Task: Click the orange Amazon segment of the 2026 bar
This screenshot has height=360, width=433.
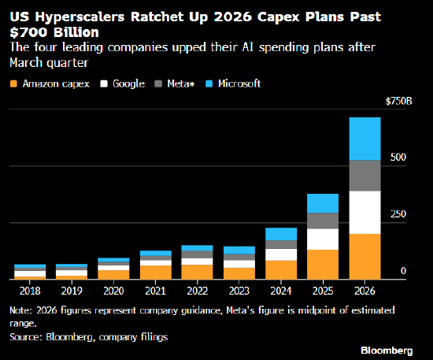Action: (x=365, y=256)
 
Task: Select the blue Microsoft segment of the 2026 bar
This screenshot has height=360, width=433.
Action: (x=365, y=139)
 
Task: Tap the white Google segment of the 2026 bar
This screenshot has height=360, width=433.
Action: (x=365, y=212)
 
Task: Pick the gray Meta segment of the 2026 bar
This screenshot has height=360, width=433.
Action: (x=365, y=175)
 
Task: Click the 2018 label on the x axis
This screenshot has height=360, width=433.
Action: (x=30, y=290)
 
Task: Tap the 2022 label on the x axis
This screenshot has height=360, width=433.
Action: (x=197, y=290)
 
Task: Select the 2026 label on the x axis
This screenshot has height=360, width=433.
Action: (x=365, y=290)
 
